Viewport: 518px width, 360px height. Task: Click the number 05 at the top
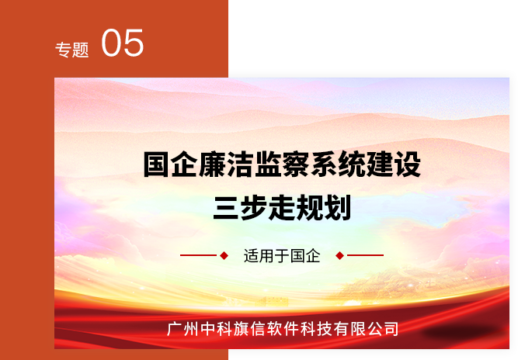coord(122,43)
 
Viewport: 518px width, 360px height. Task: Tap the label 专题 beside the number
coord(72,50)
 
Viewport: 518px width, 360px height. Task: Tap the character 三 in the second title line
coord(226,208)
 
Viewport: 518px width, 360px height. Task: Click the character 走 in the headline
coord(282,208)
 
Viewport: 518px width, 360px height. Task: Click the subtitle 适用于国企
coord(282,256)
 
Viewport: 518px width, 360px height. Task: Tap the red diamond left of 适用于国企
coord(224,255)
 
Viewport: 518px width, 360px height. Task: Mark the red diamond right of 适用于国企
coord(339,255)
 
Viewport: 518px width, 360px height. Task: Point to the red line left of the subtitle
coord(198,255)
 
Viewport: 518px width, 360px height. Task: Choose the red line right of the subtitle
coord(365,255)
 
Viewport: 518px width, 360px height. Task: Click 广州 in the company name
coord(183,329)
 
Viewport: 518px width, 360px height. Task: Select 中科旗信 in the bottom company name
coord(233,329)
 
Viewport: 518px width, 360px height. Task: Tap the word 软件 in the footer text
coord(283,329)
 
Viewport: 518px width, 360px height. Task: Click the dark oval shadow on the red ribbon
coord(461,331)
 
